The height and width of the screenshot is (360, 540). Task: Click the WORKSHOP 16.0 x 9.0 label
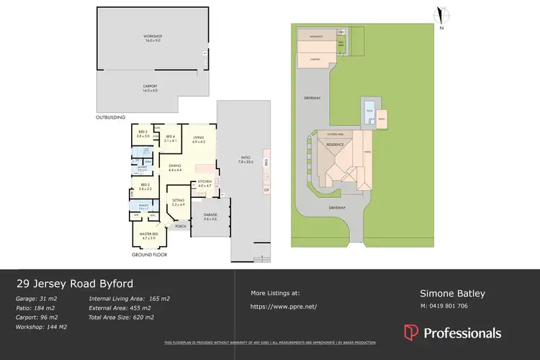tap(151, 38)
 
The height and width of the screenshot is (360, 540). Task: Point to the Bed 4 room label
tap(171, 139)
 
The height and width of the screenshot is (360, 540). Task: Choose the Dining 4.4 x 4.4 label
tap(175, 168)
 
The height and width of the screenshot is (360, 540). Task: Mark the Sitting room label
tap(178, 203)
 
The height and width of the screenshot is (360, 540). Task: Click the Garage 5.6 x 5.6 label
tap(210, 217)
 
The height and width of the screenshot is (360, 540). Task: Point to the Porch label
tap(180, 225)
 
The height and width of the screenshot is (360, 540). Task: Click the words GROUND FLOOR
tap(150, 255)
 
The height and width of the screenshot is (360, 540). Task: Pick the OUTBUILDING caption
tap(111, 117)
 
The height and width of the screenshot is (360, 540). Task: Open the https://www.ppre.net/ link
tap(284, 306)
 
